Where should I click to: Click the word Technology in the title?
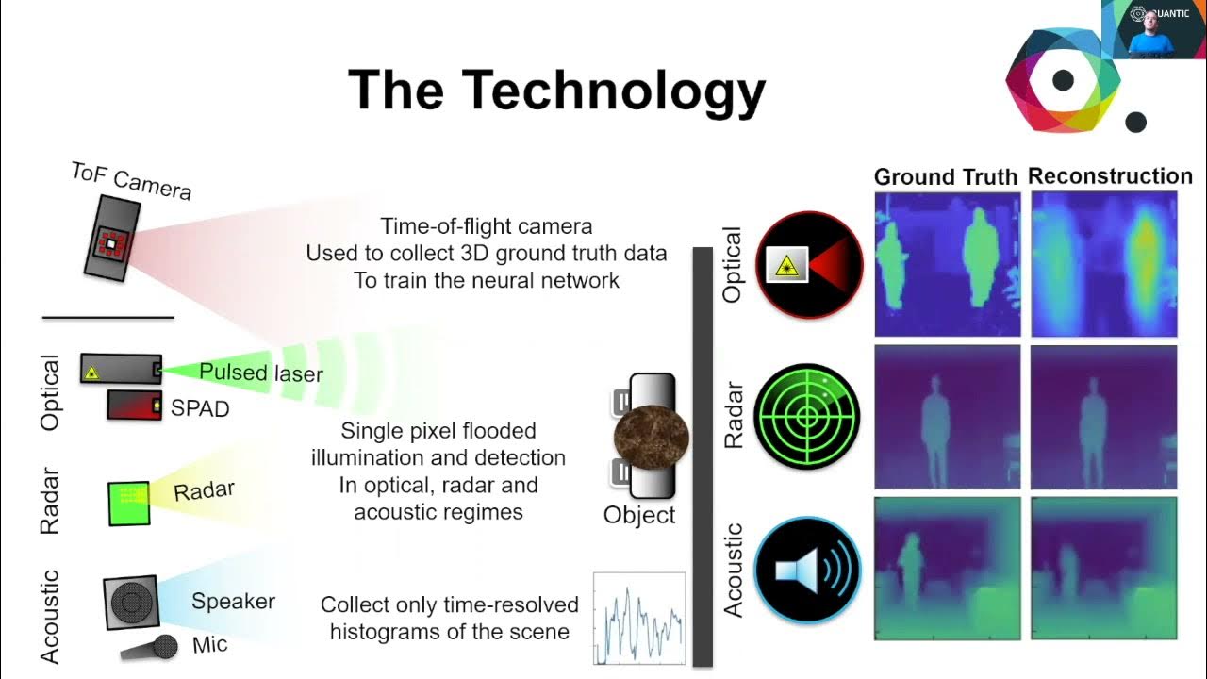point(613,91)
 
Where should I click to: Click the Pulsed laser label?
point(261,373)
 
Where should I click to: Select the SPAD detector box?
point(134,406)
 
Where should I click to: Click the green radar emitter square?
point(128,503)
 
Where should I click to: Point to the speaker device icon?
point(130,603)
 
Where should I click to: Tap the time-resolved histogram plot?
point(638,619)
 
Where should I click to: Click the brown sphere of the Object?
point(651,437)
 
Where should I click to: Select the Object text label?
point(639,515)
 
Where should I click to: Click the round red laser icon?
point(809,265)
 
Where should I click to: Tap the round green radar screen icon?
point(809,416)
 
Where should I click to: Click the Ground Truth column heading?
point(945,177)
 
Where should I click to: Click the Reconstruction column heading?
point(1110,176)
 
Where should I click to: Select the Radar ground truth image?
point(947,417)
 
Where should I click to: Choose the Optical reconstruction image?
point(1104,264)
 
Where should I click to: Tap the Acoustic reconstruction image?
point(1104,568)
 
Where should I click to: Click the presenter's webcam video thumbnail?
point(1153,29)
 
